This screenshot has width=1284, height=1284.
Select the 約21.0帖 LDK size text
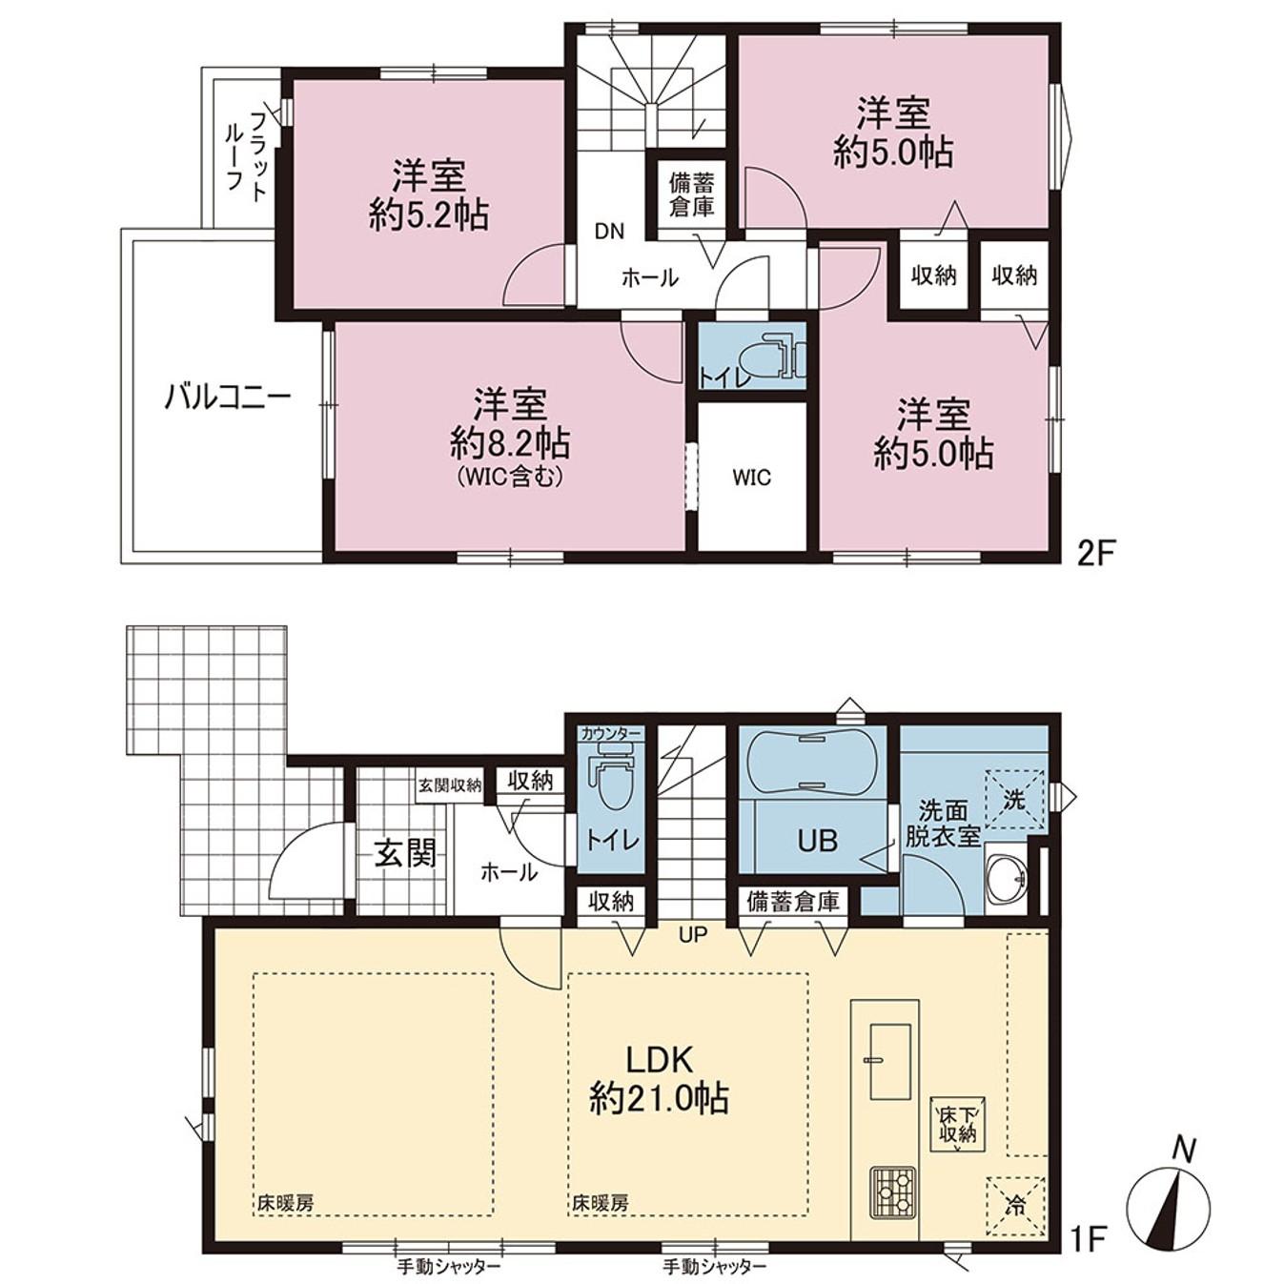(x=659, y=1098)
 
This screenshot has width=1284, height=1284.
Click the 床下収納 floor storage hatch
(x=958, y=1127)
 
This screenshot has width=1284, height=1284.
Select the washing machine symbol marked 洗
(x=1015, y=799)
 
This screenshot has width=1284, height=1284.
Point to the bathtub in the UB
(x=808, y=764)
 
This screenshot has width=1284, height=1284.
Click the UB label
(x=817, y=841)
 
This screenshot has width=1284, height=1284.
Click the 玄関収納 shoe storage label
(x=449, y=785)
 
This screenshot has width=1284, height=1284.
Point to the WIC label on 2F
(x=751, y=478)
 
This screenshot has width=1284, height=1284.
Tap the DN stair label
(x=609, y=232)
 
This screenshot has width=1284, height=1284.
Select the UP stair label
(x=693, y=935)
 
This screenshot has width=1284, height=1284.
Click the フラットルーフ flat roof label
(x=245, y=153)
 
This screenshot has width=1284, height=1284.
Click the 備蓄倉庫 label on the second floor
(x=691, y=194)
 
